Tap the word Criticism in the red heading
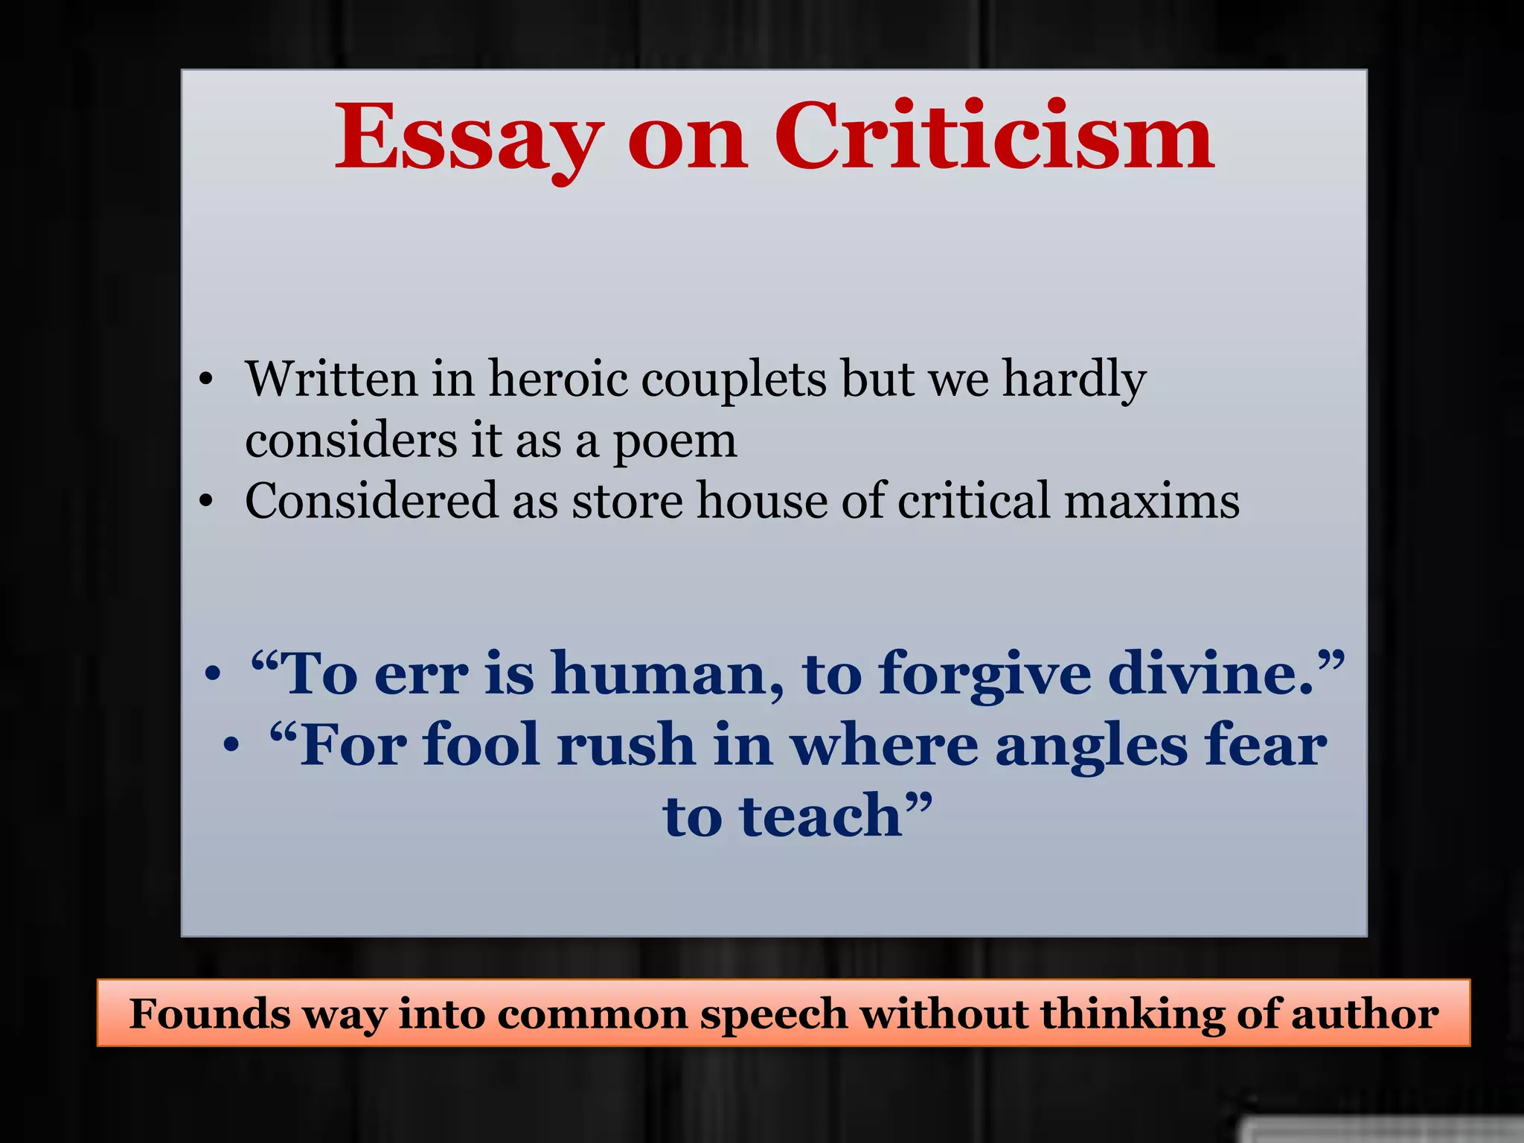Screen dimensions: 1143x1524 pyautogui.click(x=994, y=138)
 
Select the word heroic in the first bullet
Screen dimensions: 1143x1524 pyautogui.click(x=557, y=379)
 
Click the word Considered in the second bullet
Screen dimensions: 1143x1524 pyautogui.click(x=371, y=500)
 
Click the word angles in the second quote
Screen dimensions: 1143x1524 pyautogui.click(x=1091, y=746)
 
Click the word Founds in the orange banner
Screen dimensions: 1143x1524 pyautogui.click(x=210, y=1014)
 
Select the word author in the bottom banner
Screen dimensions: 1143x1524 pyautogui.click(x=1365, y=1014)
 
